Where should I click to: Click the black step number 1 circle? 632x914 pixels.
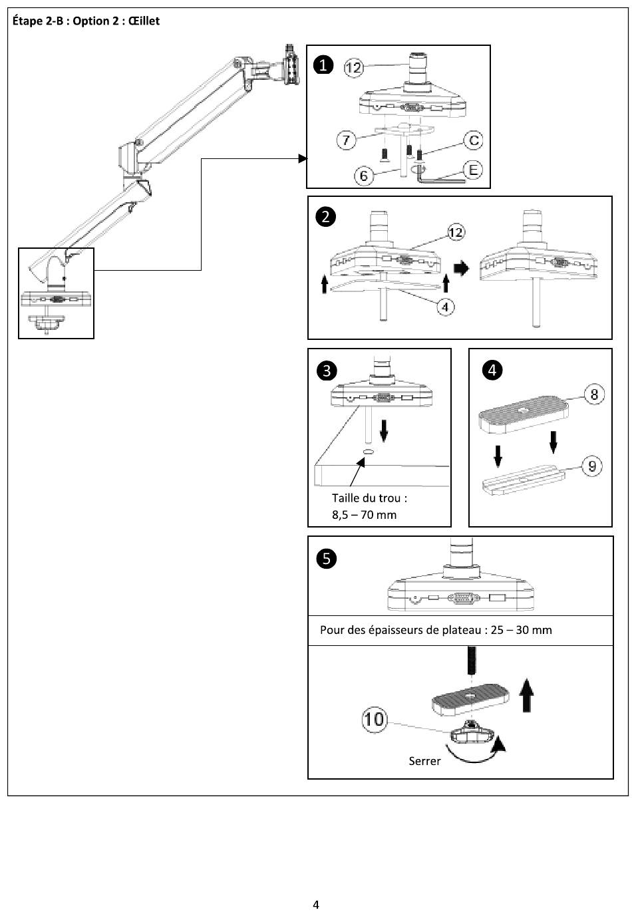click(x=323, y=65)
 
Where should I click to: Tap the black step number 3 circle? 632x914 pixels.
click(x=327, y=371)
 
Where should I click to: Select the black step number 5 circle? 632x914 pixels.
click(x=327, y=559)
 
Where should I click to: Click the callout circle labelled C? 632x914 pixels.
click(x=474, y=140)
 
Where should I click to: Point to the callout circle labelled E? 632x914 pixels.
click(x=473, y=170)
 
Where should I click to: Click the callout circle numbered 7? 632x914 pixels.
click(x=346, y=140)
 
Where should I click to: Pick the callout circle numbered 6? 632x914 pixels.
click(x=363, y=176)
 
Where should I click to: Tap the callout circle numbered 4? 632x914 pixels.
click(x=445, y=307)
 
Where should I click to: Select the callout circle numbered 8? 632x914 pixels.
click(x=594, y=394)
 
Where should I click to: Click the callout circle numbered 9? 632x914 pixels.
click(x=592, y=466)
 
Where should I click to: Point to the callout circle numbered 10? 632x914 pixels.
click(x=374, y=719)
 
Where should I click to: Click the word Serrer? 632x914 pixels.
click(x=424, y=761)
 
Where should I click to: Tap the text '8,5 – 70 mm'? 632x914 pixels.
click(x=364, y=515)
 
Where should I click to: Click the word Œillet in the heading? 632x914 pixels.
click(x=144, y=21)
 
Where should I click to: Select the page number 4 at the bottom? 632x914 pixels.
click(x=316, y=905)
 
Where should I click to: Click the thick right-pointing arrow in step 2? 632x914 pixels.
click(x=462, y=268)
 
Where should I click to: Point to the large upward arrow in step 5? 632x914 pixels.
click(x=527, y=695)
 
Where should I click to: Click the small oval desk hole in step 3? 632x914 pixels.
click(x=369, y=451)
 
